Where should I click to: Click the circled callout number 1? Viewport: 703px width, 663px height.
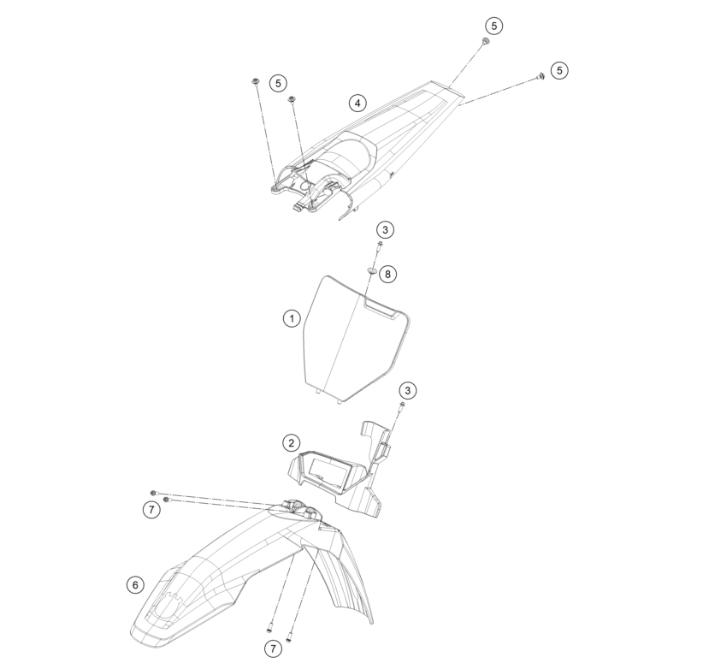292,319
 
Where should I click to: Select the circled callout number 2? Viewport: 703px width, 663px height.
292,443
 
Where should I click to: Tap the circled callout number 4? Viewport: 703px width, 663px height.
357,104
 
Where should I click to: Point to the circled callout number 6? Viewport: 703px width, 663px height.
135,584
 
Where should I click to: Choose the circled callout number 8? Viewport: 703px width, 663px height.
387,274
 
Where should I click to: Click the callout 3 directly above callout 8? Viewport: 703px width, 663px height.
385,229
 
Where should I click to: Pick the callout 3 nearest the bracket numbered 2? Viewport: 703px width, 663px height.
408,390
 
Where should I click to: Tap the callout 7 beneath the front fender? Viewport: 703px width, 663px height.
273,648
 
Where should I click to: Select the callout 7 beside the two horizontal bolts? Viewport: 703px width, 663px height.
151,510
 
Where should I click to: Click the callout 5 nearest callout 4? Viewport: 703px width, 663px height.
279,83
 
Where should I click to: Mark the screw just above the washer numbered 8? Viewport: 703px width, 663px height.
380,246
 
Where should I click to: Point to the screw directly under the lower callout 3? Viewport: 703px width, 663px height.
401,407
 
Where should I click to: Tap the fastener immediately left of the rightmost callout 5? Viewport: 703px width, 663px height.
541,76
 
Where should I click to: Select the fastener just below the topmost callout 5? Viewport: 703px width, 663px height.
485,42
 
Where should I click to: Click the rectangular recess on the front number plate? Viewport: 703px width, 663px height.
380,309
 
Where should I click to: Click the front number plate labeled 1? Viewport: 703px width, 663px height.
356,339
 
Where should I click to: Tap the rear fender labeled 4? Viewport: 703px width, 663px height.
368,148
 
